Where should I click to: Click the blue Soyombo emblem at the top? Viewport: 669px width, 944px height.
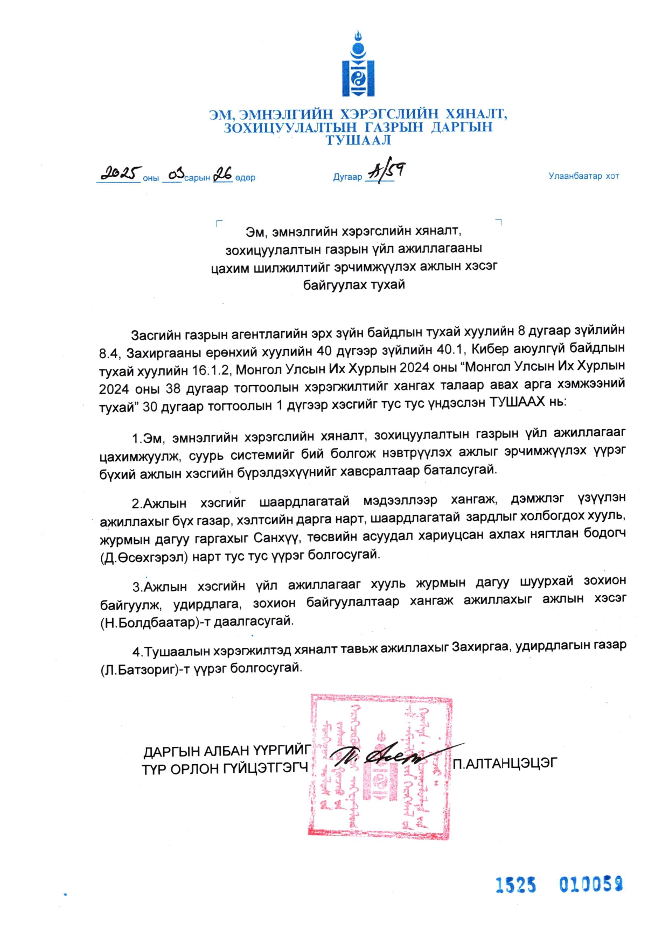[358, 65]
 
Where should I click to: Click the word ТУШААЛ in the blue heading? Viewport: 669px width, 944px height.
[358, 141]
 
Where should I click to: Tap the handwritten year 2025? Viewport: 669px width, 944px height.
[120, 173]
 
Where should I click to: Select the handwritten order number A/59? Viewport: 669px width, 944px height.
[386, 172]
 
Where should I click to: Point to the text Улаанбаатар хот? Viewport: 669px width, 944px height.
[583, 176]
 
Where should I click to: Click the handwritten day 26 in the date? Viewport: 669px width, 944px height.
[222, 174]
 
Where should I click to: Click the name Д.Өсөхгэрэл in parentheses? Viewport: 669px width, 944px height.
[144, 557]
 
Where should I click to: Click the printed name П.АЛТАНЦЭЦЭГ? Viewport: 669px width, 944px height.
[505, 763]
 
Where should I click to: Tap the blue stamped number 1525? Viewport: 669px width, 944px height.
[515, 885]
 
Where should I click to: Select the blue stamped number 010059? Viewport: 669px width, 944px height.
[591, 884]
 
